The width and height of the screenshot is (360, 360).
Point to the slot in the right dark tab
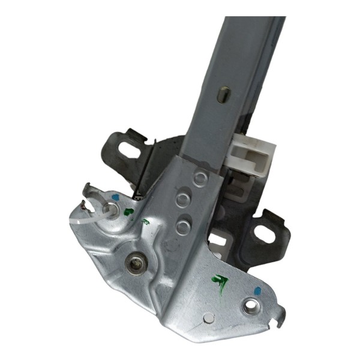pyautogui.click(x=268, y=230)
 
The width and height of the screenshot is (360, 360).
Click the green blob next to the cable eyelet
pyautogui.click(x=128, y=211)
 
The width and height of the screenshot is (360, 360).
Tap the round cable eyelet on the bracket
pyautogui.click(x=111, y=210)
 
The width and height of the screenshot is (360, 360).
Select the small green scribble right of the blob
pyautogui.click(x=144, y=222)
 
